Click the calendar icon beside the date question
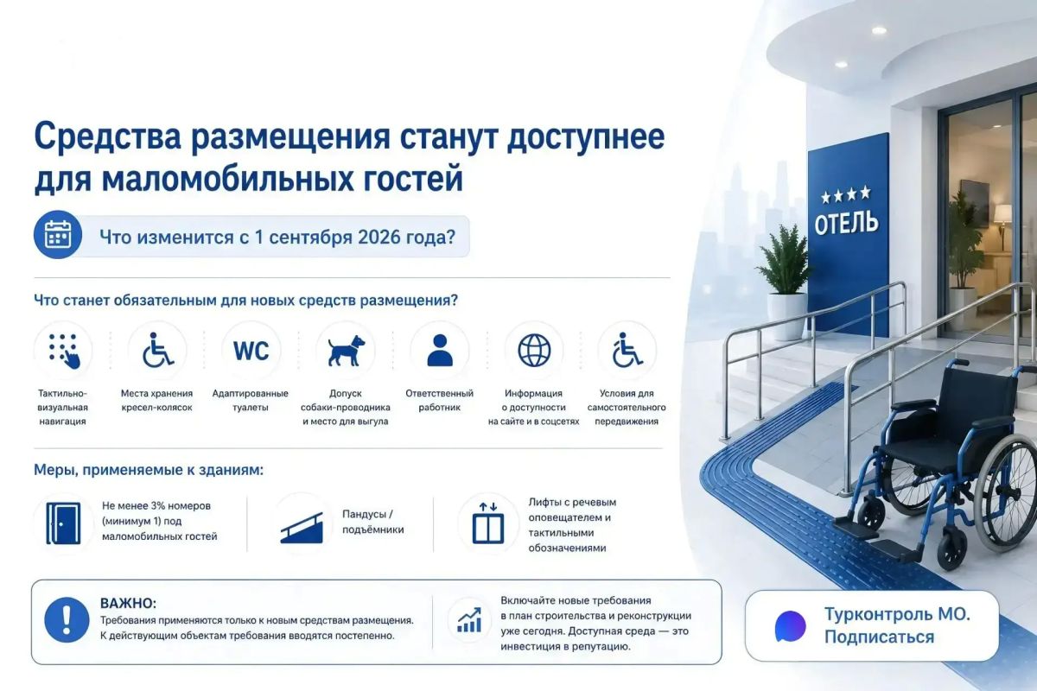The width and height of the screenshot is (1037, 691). pos(58,234)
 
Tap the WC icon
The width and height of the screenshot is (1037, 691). pos(251,351)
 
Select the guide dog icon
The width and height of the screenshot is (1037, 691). pos(346,351)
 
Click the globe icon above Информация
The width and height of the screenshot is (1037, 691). pos(534,351)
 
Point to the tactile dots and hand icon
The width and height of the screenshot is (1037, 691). pos(63,351)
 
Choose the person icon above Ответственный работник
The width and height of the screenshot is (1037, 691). pos(440,351)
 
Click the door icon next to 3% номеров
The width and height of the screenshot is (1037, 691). pos(63,523)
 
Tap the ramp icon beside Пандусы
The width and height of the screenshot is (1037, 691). pos(302,528)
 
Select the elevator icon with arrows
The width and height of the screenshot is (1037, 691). pos(488,523)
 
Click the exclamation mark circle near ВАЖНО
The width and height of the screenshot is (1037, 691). pos(67,619)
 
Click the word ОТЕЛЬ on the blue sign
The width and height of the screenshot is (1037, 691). pos(846,223)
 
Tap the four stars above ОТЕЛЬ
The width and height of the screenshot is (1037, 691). pos(846,195)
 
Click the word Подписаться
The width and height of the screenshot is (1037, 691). pos(879,637)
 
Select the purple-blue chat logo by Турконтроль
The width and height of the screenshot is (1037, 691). pos(790,626)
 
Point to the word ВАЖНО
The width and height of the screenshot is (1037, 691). pos(128,604)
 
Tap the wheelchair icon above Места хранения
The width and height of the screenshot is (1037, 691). pos(157,350)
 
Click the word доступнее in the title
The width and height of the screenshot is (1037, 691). pos(586,138)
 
